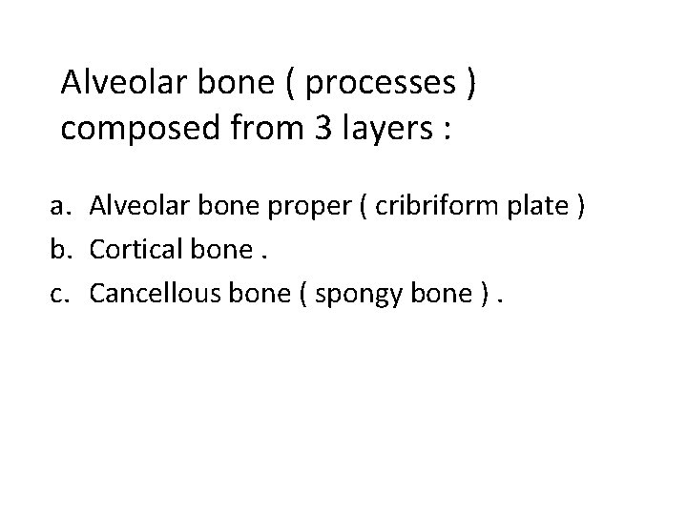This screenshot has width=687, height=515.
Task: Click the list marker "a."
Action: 62,206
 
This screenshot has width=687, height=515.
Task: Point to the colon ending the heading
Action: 447,131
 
